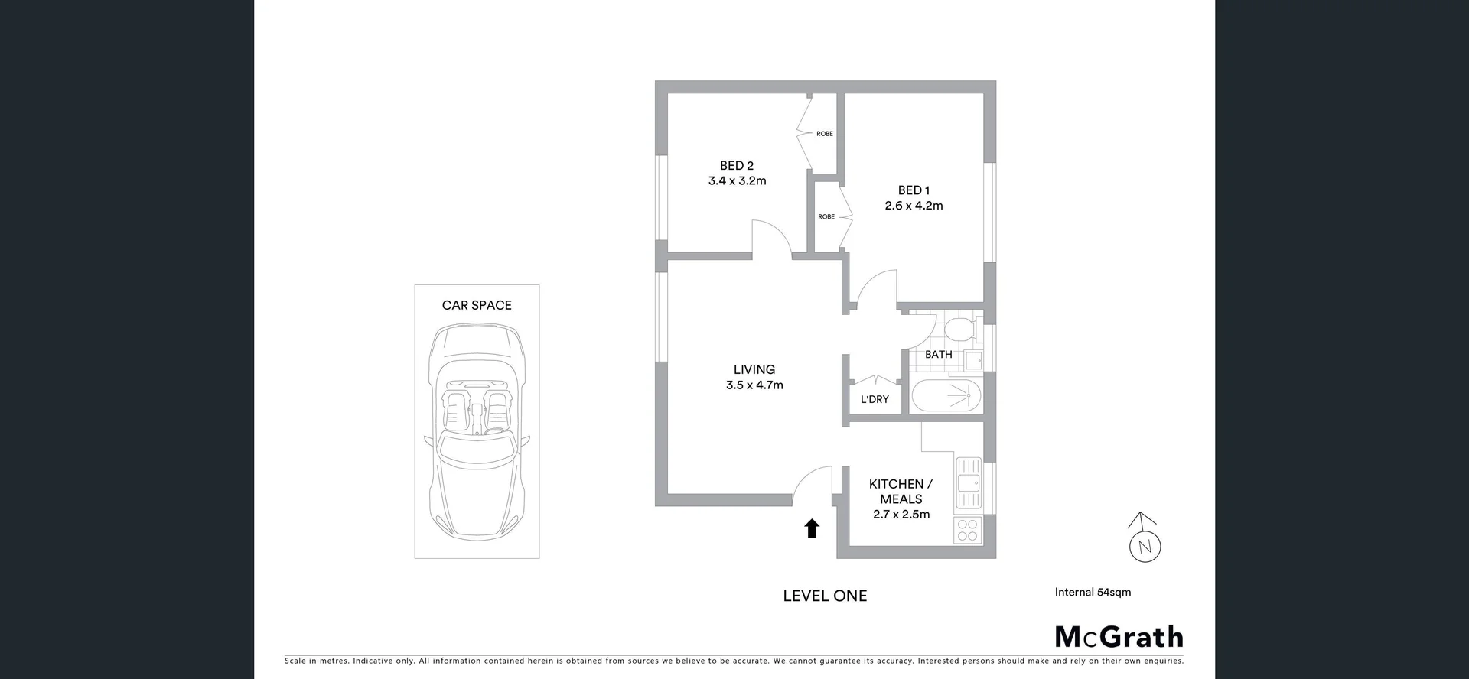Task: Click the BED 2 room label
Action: [x=736, y=166]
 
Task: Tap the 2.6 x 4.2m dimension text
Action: [x=914, y=206]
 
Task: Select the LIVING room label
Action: [x=754, y=369]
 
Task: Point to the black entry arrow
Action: [x=812, y=528]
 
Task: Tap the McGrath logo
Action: [x=1118, y=637]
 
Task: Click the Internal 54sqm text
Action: [x=1092, y=592]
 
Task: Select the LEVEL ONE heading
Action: [x=825, y=596]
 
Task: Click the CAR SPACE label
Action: [x=477, y=305]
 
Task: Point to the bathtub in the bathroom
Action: [x=946, y=396]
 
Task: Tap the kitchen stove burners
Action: [x=968, y=530]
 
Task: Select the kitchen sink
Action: [x=968, y=482]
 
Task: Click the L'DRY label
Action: [x=875, y=399]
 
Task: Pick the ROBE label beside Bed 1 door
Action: [x=826, y=216]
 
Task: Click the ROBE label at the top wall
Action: [x=824, y=134]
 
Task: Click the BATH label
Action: [x=938, y=354]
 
